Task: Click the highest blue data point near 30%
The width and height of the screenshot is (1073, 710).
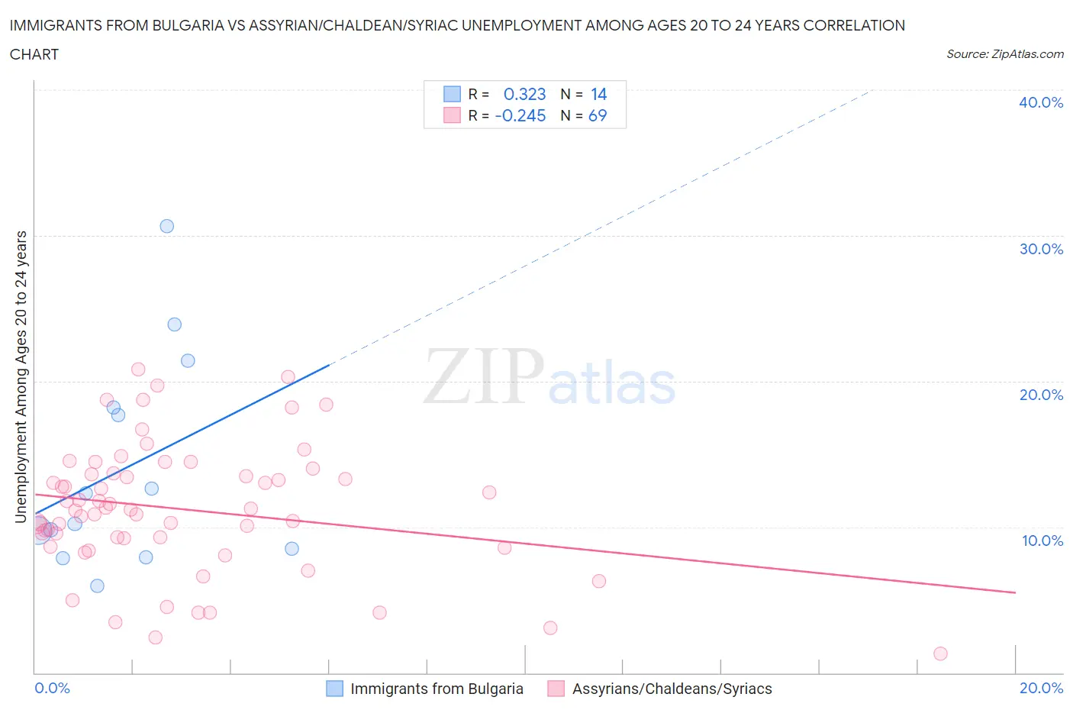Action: point(166,226)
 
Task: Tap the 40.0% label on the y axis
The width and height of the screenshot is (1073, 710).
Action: point(1040,102)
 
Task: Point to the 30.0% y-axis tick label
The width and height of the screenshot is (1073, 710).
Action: point(1040,249)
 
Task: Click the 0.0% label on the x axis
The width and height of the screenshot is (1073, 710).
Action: point(52,688)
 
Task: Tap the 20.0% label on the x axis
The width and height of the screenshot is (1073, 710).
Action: point(1041,688)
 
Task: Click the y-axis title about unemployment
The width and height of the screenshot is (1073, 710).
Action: point(21,376)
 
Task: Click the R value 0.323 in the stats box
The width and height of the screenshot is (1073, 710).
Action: point(524,94)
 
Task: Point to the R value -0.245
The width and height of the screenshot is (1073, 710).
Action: point(520,115)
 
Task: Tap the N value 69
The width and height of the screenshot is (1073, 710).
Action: point(598,115)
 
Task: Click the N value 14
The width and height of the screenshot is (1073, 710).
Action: point(598,94)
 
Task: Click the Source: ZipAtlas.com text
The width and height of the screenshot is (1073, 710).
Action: point(1004,53)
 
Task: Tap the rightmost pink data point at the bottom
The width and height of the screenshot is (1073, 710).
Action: point(940,654)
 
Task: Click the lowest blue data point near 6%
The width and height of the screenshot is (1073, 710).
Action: point(97,586)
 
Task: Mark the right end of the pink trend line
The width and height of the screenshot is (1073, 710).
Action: point(1015,592)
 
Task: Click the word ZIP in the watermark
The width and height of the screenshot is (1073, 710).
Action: point(484,376)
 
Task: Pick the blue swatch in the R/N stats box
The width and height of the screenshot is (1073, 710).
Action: point(452,94)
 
